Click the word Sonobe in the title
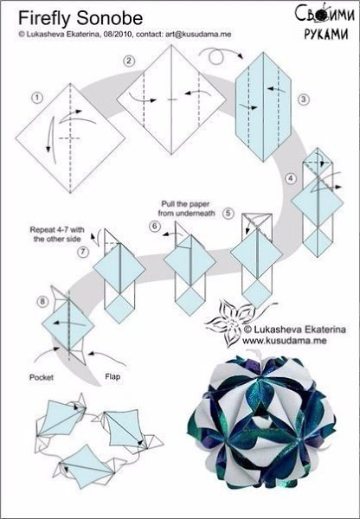(x=110, y=18)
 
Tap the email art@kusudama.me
(x=198, y=34)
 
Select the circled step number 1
(x=37, y=98)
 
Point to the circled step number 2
(x=129, y=61)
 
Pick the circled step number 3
(x=304, y=99)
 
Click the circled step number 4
(x=291, y=179)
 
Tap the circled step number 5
(x=228, y=213)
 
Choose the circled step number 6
(x=154, y=227)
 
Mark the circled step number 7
(x=83, y=252)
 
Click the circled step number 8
(x=42, y=302)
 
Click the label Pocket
(x=42, y=377)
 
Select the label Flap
(x=112, y=376)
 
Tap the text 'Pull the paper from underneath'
(x=186, y=208)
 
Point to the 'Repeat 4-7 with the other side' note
(x=57, y=234)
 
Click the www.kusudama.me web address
(x=284, y=340)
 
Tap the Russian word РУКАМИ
(x=326, y=33)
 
